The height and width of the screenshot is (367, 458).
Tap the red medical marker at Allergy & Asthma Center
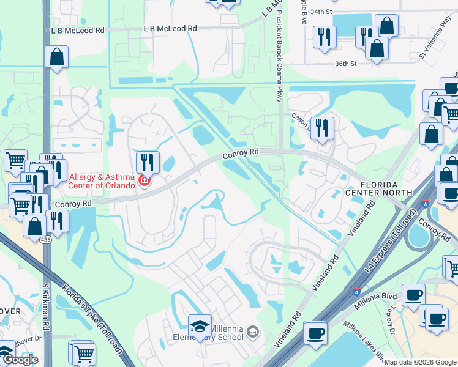click(145, 180)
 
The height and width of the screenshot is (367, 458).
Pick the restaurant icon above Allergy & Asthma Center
click(147, 162)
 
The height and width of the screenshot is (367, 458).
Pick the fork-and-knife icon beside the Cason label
click(322, 127)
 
